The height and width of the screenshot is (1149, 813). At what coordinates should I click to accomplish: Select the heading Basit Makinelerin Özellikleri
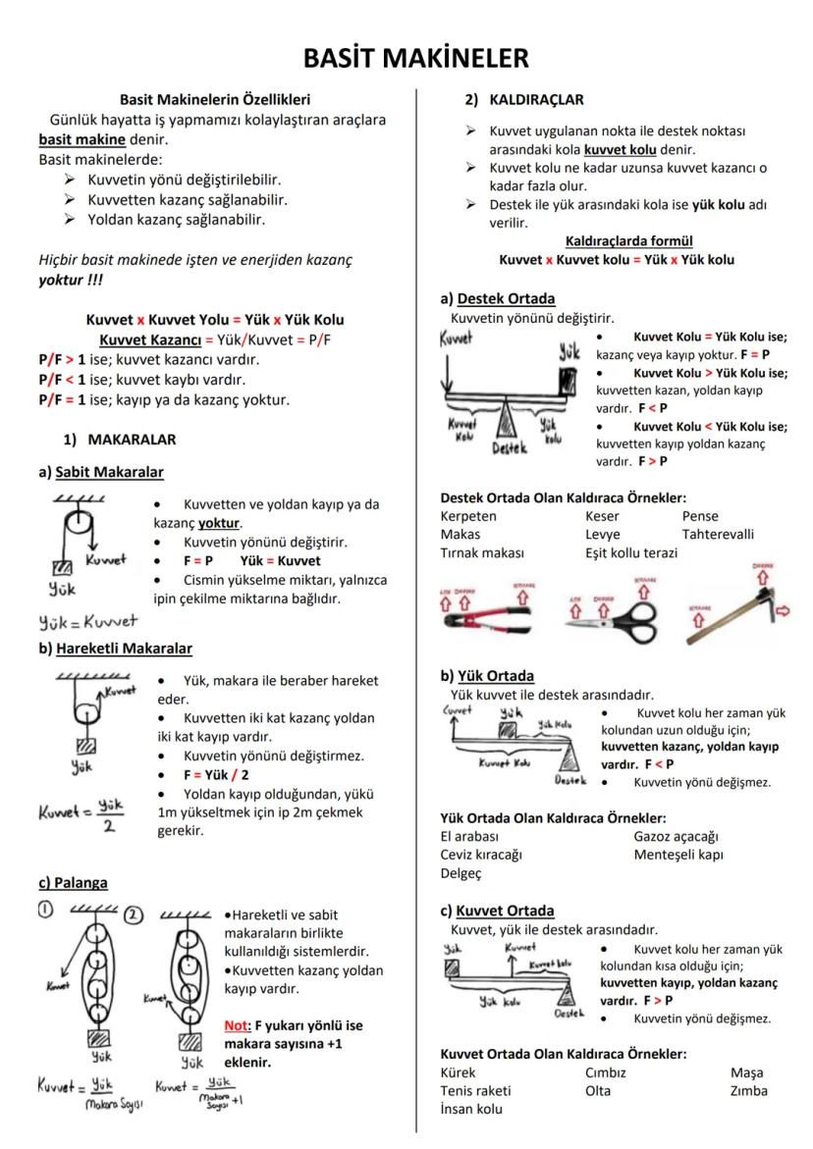pos(214,100)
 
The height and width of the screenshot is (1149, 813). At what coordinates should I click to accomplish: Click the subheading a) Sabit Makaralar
pos(101,472)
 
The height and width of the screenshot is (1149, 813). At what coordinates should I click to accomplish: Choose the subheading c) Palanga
pos(74,882)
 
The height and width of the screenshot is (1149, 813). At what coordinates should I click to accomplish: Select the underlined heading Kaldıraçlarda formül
pos(616,241)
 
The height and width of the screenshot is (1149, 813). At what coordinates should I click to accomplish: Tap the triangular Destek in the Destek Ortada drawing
pos(508,421)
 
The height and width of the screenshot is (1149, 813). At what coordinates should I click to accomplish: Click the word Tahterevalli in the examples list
pos(718,534)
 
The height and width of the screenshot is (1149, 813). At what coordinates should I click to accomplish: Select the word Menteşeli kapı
pos(678,854)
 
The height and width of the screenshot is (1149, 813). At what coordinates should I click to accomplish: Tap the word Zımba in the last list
pos(749,1090)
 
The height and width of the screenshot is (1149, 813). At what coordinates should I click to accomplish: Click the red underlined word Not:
pos(238,1025)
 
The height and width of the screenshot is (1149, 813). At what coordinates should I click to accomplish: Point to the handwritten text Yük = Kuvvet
pos(87,620)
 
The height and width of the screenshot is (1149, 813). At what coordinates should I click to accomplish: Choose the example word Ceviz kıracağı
pos(481,854)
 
